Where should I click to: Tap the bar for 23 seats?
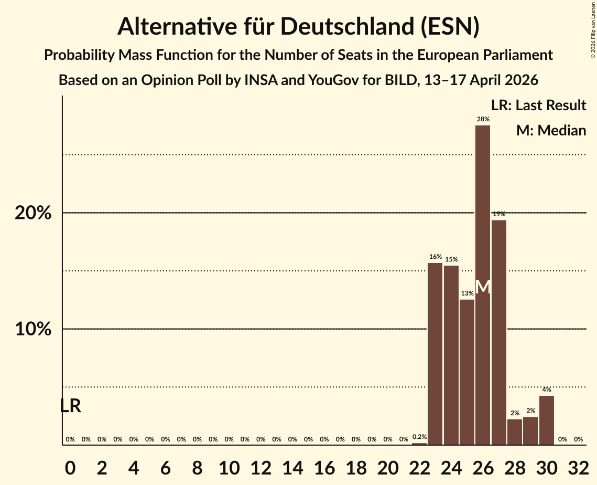coord(435,354)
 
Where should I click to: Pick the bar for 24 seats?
coord(451,355)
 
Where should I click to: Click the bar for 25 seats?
coord(467,372)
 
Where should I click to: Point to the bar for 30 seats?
coord(546,420)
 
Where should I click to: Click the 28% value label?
coord(483,120)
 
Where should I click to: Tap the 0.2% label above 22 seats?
coord(419,437)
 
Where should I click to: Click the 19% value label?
coord(498,214)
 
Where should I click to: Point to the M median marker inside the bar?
coord(483,287)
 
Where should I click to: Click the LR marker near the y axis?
coord(70,406)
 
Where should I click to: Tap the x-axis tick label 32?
coord(578,466)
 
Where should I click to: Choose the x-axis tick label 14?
coord(292,466)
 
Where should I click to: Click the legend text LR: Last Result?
coord(538,106)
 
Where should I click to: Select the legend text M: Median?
coord(551,130)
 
